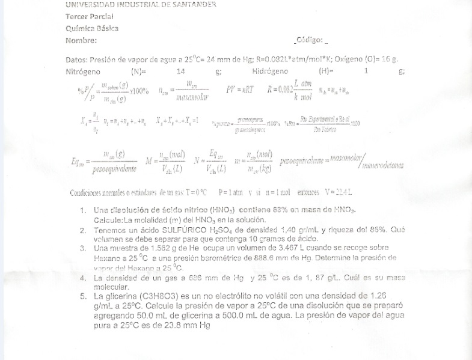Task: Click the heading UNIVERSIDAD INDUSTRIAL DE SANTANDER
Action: click(x=141, y=5)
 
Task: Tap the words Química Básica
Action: click(x=92, y=28)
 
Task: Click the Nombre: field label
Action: click(x=81, y=40)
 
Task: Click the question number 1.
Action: click(x=82, y=211)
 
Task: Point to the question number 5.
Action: click(x=82, y=296)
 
